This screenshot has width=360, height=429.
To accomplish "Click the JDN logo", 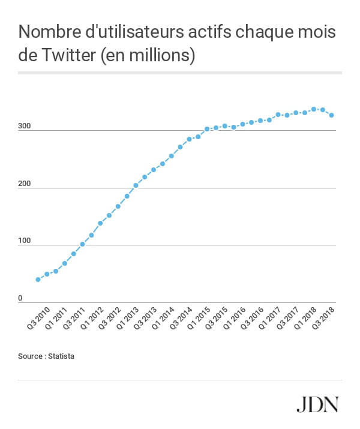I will [x=317, y=404].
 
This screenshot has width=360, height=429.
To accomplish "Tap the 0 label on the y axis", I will [x=20, y=299].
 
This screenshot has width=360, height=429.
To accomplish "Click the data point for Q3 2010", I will [x=38, y=280].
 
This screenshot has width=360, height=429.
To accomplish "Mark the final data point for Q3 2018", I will [x=331, y=115].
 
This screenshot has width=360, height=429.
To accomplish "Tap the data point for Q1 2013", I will [x=136, y=185].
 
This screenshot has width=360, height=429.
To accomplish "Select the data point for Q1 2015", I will [x=207, y=129].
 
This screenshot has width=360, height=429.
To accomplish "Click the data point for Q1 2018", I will [x=313, y=109].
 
